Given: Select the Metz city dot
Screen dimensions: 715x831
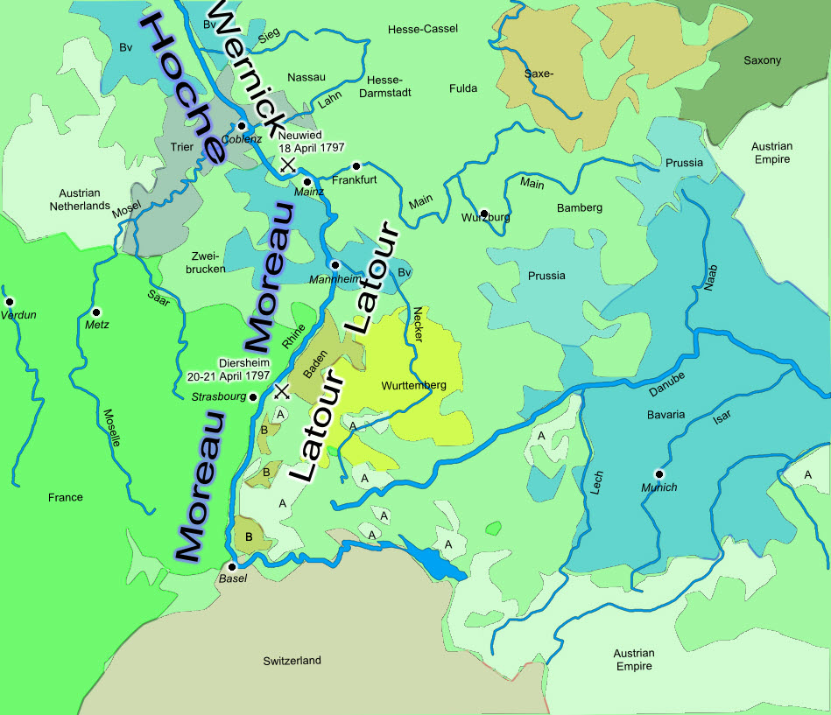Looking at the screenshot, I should tap(97, 312).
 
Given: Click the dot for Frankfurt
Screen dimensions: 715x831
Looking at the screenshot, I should tap(356, 166).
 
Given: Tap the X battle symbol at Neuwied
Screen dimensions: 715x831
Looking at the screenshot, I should tap(286, 164).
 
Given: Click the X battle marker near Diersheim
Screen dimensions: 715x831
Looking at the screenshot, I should tap(282, 390).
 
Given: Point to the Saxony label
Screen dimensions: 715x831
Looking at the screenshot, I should tap(762, 60).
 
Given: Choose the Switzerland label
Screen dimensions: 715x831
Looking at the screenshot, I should tap(292, 661).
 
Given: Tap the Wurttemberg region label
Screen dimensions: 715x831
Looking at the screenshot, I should tap(414, 386).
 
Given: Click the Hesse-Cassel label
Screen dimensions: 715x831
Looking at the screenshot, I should tap(423, 29).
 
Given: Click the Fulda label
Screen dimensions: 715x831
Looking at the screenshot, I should tap(463, 88).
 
